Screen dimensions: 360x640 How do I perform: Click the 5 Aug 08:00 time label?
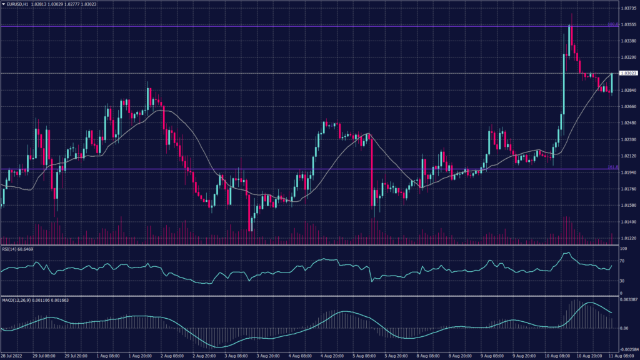pos(363,356)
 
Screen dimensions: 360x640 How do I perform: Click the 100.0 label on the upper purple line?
pos(613,24)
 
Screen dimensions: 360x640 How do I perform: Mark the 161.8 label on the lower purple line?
pos(613,167)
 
